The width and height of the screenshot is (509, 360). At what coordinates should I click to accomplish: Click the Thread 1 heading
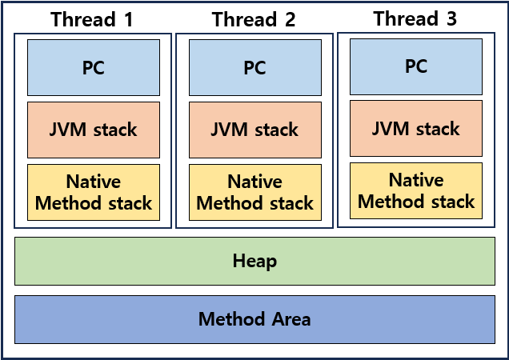92,19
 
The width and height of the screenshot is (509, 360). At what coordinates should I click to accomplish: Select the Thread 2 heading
254,19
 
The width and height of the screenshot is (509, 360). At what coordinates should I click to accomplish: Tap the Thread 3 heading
415,18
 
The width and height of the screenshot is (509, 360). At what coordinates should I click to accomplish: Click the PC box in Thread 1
94,67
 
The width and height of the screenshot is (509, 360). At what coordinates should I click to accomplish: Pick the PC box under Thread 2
255,67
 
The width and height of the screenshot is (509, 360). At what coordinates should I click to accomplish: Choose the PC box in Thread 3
416,66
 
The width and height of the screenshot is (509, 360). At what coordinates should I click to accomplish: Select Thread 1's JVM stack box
94,130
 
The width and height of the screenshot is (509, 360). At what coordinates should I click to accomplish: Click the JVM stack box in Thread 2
255,130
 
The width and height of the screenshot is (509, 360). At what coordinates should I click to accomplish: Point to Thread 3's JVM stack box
416,128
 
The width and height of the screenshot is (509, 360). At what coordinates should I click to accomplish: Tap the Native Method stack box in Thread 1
94,192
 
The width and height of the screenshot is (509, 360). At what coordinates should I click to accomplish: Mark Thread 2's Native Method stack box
255,192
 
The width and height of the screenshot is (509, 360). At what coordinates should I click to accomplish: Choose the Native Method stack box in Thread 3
416,191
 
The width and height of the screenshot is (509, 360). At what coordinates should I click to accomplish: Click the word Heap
254,261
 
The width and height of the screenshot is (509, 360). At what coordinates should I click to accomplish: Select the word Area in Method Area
291,318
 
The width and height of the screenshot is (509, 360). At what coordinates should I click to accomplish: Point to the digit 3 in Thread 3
451,18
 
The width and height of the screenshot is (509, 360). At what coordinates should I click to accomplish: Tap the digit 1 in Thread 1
129,19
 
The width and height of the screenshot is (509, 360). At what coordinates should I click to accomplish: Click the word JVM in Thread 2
230,129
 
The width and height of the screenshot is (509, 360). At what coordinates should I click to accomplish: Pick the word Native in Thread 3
416,179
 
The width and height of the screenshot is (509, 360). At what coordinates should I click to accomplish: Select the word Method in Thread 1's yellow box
68,203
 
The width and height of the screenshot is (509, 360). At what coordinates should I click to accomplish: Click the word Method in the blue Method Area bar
232,318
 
